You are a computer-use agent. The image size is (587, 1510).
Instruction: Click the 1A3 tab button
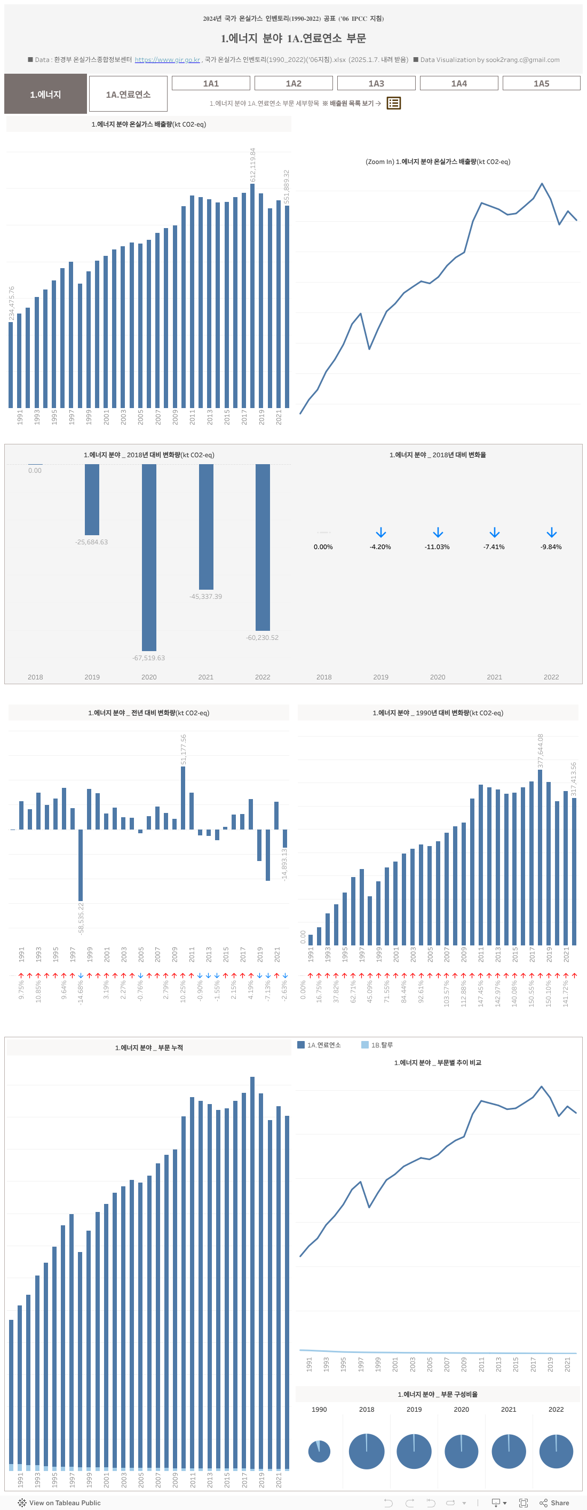[376, 83]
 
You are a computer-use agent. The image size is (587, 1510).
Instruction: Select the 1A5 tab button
[541, 83]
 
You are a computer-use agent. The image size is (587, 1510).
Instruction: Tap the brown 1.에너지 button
[46, 94]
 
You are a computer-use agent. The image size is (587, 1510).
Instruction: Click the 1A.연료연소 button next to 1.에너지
[128, 94]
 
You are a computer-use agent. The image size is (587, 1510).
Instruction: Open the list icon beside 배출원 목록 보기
[394, 103]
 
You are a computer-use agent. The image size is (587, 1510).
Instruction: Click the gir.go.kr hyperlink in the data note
[168, 60]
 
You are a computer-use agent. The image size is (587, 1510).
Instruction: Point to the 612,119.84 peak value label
[253, 165]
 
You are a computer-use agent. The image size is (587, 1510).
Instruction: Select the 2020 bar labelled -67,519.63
[149, 557]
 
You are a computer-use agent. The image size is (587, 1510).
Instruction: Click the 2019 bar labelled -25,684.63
[92, 499]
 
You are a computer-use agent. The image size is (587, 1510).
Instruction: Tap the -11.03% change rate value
[437, 547]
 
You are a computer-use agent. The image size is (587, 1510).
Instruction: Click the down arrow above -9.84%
[551, 532]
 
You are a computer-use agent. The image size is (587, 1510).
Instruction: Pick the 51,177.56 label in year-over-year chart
[184, 749]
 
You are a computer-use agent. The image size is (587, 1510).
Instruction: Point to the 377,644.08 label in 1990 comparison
[540, 751]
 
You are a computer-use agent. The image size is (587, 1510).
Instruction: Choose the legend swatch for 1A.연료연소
[301, 1045]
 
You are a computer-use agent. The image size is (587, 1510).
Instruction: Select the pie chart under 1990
[319, 1451]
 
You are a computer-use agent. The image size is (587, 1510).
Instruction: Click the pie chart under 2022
[556, 1451]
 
